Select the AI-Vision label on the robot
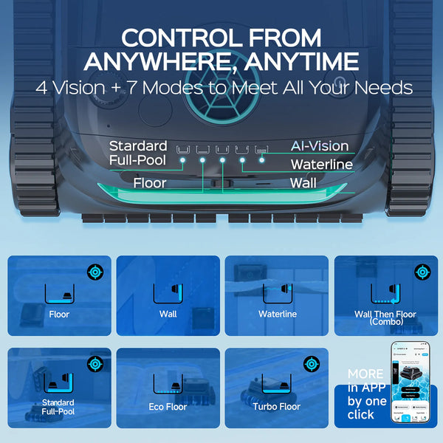[x=319, y=146]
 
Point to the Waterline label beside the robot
[x=321, y=164]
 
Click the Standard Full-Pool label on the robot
[x=138, y=152]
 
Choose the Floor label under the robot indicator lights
[x=149, y=182]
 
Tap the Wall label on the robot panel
[x=303, y=182]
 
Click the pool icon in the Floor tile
[x=58, y=293]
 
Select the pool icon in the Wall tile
[x=168, y=293]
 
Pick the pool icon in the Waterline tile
[x=277, y=293]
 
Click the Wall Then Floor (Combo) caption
[x=385, y=318]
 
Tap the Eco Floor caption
[x=168, y=407]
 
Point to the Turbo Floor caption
[x=276, y=407]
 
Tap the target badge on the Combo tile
[x=422, y=271]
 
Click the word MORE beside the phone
[x=365, y=374]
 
